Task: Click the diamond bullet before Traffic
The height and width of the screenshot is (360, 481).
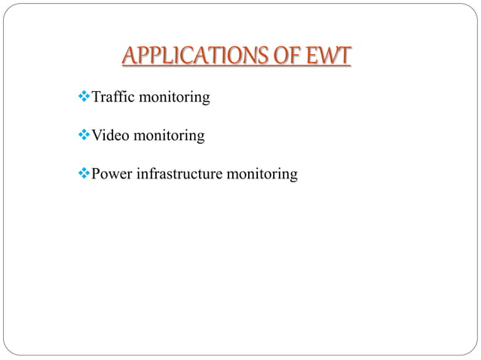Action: click(x=84, y=97)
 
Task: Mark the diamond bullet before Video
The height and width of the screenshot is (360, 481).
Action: click(x=84, y=136)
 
